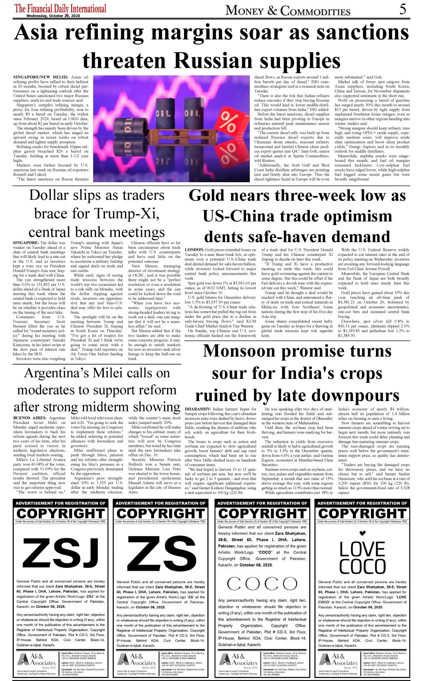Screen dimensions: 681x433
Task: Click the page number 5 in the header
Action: tap(403, 9)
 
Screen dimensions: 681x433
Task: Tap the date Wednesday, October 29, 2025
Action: tap(53, 16)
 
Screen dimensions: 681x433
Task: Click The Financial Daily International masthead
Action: tap(60, 8)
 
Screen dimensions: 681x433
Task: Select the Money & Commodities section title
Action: tap(288, 10)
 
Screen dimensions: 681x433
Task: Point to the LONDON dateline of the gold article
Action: tap(194, 250)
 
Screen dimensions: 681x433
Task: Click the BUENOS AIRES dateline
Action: tap(27, 418)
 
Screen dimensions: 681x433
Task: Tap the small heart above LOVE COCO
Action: tap(362, 533)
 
